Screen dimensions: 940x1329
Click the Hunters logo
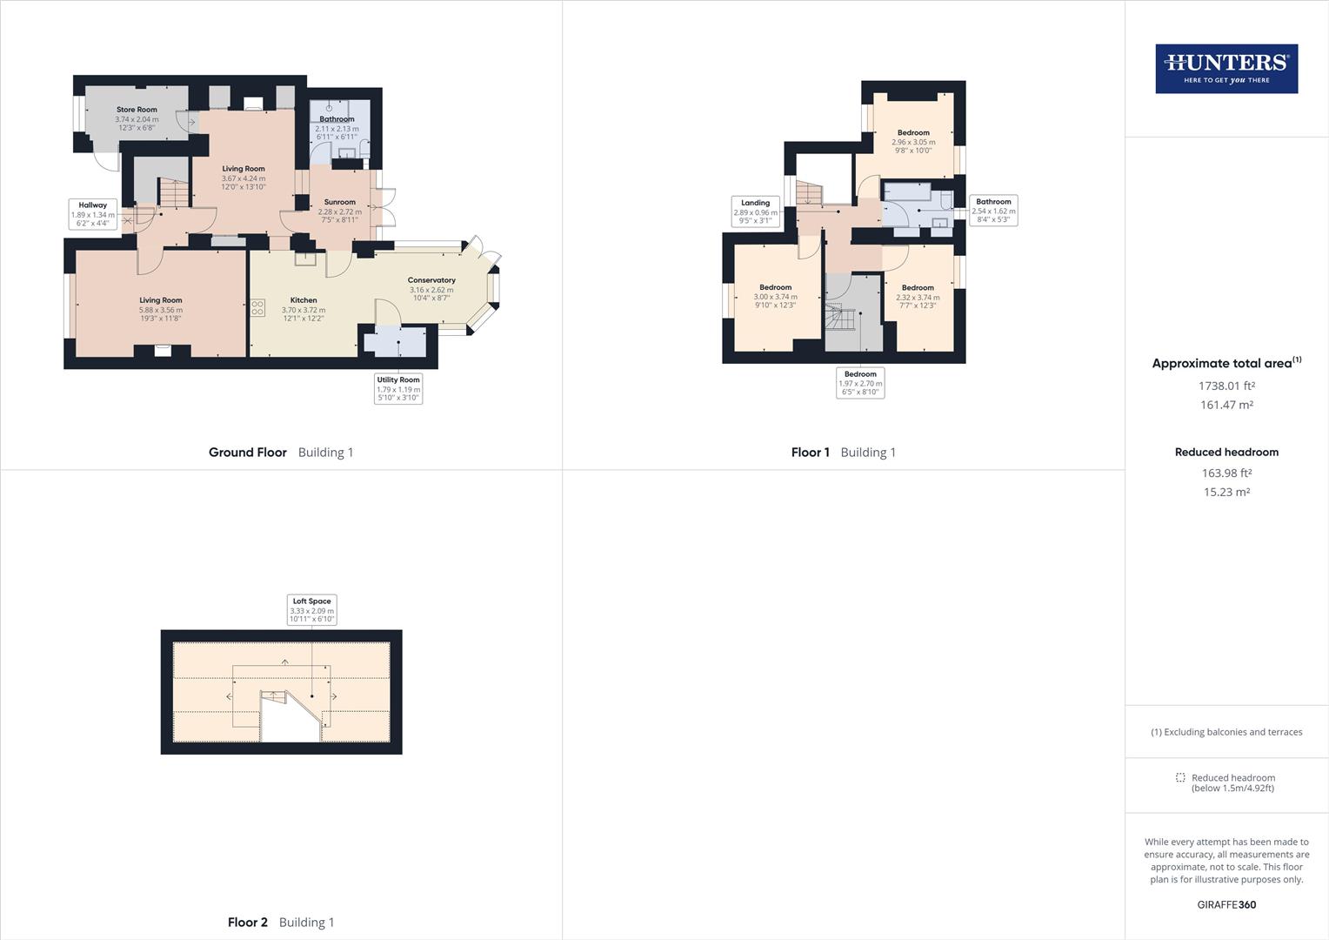point(1226,69)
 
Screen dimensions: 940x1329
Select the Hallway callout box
point(92,214)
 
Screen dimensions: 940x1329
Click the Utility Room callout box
point(398,388)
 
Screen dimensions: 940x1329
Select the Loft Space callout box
point(311,609)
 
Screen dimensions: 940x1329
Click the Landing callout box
point(755,211)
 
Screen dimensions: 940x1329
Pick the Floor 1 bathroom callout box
point(993,210)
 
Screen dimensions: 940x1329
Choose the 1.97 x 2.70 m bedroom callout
point(860,383)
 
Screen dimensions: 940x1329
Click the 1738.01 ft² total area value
point(1226,386)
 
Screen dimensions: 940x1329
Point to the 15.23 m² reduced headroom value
point(1226,492)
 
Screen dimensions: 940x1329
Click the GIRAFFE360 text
point(1226,904)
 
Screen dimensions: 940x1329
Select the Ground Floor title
point(248,452)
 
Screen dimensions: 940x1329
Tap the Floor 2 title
point(248,922)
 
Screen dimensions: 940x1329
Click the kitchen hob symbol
point(258,307)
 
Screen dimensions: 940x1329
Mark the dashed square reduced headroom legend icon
point(1180,777)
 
